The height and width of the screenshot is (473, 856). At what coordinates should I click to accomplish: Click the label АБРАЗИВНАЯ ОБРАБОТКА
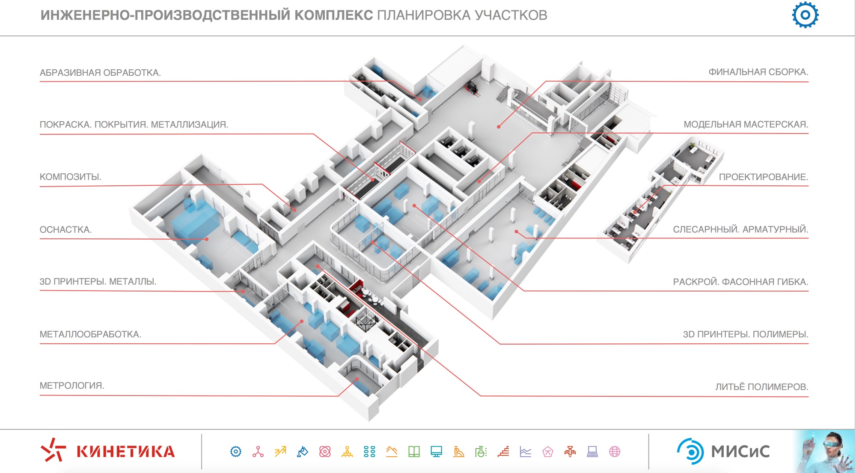(x=100, y=73)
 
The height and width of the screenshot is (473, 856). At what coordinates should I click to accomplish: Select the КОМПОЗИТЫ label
(x=70, y=177)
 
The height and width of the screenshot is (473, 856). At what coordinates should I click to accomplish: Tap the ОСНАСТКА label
(x=65, y=229)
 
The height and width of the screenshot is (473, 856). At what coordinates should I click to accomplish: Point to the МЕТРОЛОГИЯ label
(x=72, y=385)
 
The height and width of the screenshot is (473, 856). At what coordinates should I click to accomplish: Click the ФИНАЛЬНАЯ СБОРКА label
(x=758, y=72)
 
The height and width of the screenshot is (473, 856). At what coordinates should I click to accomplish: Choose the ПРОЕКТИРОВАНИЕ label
(x=763, y=177)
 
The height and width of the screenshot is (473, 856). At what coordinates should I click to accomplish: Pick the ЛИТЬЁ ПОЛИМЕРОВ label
(x=761, y=387)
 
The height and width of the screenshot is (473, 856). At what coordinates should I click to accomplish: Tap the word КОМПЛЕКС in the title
(x=333, y=15)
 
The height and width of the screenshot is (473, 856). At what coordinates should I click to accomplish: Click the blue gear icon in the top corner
(x=805, y=15)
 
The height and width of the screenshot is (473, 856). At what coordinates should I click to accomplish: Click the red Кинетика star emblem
(x=53, y=450)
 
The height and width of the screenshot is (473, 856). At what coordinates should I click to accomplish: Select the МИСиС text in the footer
(x=740, y=452)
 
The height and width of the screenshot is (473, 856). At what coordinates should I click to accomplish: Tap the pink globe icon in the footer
(x=615, y=452)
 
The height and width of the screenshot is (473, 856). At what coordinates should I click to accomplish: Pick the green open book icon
(x=414, y=452)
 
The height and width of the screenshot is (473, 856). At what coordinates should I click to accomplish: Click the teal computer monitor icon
(x=436, y=452)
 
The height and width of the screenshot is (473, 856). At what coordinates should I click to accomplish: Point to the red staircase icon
(x=503, y=452)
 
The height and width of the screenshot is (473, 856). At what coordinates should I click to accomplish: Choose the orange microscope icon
(x=458, y=452)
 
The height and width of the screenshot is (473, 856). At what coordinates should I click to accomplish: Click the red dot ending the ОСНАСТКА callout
(x=207, y=239)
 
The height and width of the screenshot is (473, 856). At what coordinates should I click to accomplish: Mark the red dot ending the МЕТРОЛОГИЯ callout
(x=357, y=379)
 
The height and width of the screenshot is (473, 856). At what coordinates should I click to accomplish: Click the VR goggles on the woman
(x=829, y=444)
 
